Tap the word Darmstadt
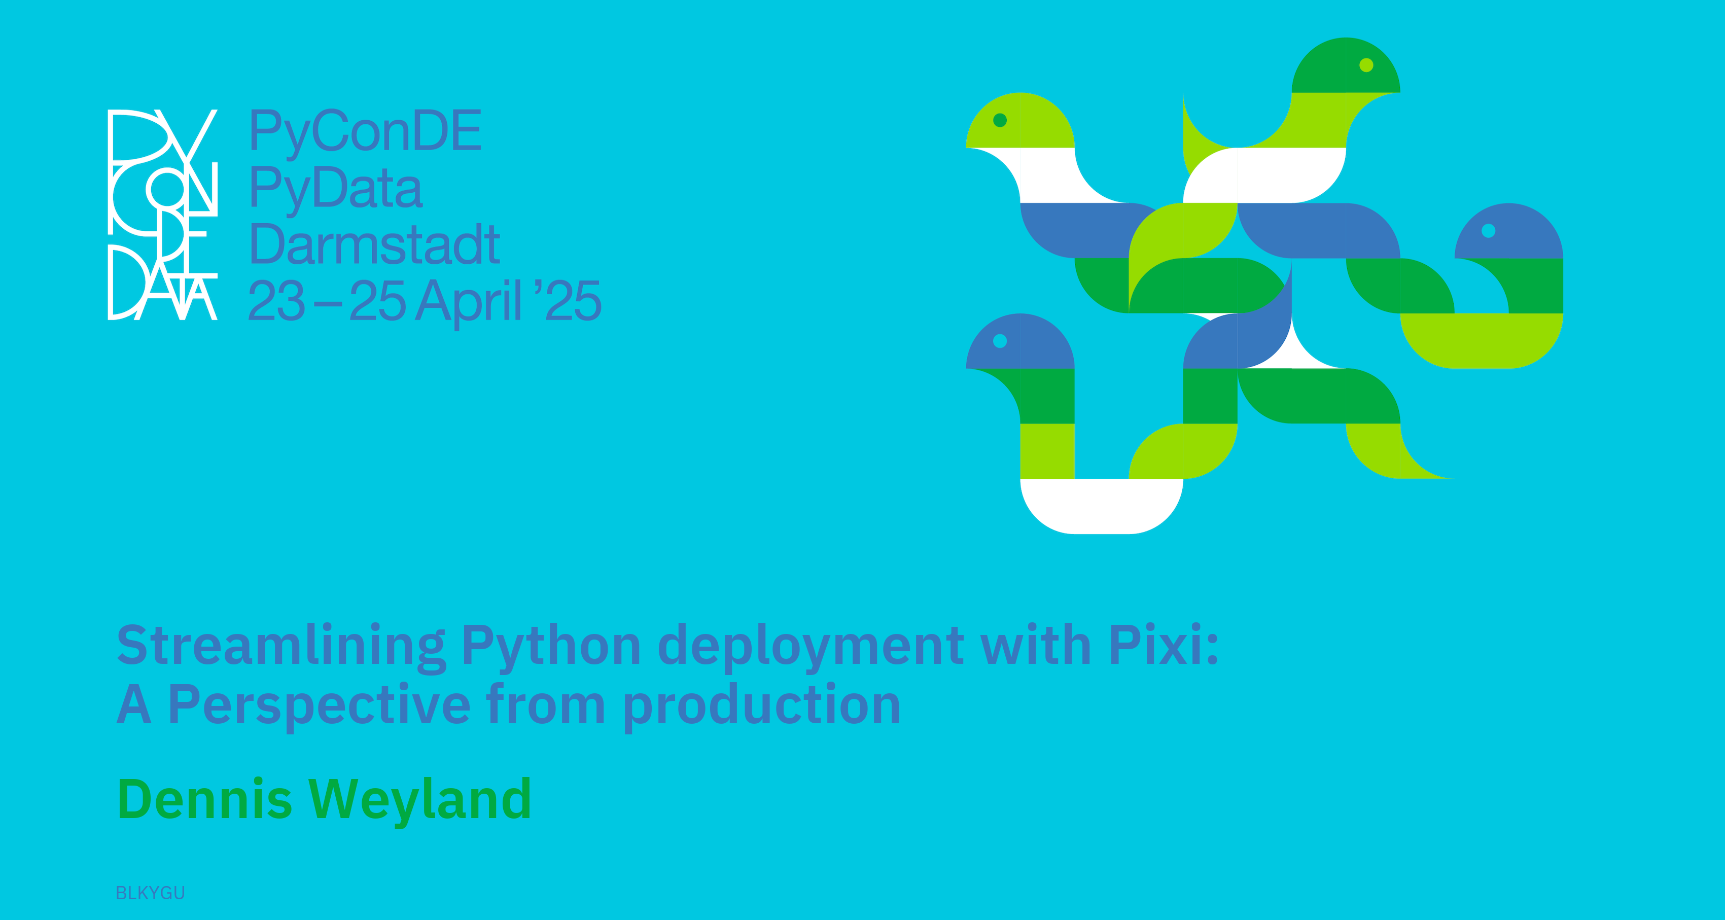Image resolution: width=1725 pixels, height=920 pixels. coord(374,244)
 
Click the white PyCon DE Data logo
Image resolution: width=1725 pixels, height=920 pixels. coord(163,214)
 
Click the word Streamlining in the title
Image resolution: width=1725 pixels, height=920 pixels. coord(281,647)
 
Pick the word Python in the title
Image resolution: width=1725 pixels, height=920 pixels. coord(551,647)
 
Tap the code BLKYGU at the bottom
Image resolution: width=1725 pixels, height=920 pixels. coord(150,893)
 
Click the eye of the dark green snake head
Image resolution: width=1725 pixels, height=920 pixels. coord(1366,65)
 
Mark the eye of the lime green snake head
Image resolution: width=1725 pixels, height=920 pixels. coord(1000,120)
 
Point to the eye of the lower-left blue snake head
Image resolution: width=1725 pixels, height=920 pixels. coord(1000,341)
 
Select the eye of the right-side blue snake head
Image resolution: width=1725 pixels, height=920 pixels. coord(1488,230)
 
